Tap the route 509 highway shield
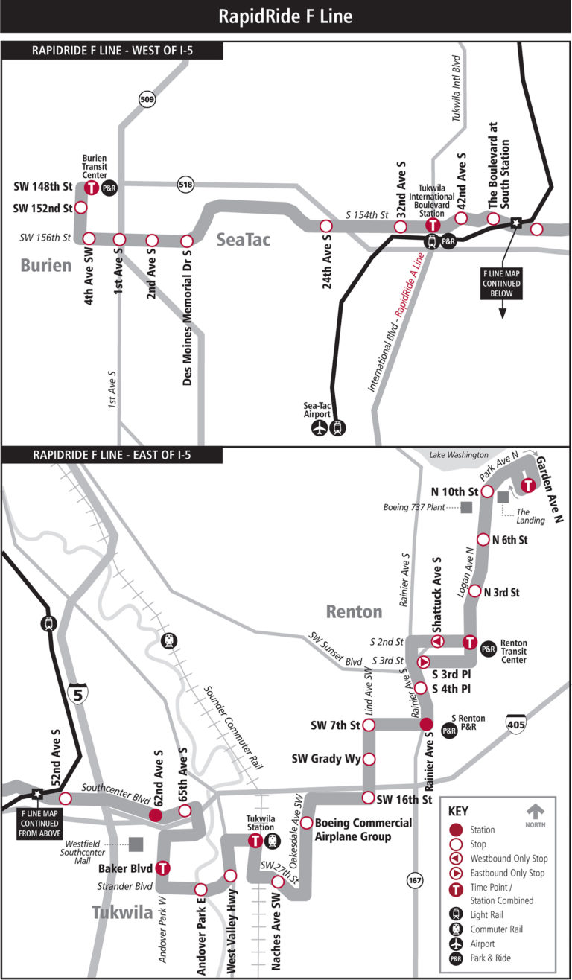pos(146,98)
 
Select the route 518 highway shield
pos(185,184)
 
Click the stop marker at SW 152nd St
pos(81,208)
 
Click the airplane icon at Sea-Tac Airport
pos(320,429)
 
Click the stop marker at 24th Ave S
pos(325,226)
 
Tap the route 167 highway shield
pos(415,881)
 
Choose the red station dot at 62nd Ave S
pos(156,815)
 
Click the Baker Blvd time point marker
pos(162,868)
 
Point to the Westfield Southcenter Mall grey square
pos(136,844)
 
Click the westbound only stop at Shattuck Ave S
pos(438,642)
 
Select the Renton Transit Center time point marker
pos(470,642)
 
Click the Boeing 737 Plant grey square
pos(467,507)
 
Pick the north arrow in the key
pos(536,810)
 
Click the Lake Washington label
pos(458,454)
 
